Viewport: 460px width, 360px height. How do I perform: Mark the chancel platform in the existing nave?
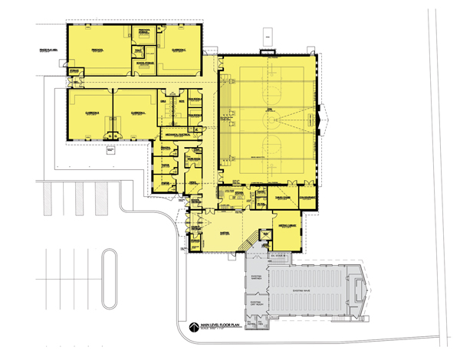pyautogui.click(x=354, y=291)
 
